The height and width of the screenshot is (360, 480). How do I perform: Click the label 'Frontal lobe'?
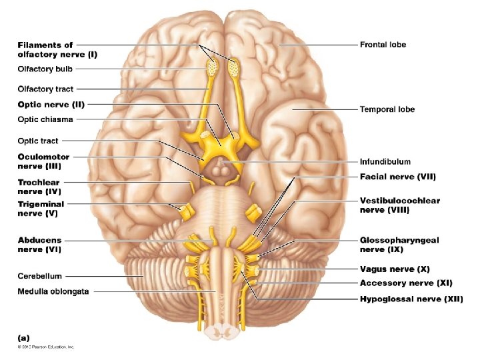pos(383,45)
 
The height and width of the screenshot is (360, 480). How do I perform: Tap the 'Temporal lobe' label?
pos(387,109)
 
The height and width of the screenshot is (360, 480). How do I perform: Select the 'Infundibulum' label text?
pos(385,161)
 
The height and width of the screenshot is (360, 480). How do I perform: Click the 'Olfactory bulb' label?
pos(45,68)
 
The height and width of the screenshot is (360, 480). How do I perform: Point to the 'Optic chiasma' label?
pos(45,120)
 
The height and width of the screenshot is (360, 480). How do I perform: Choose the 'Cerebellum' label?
pos(40,275)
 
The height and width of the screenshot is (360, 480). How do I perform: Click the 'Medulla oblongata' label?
pos(53,291)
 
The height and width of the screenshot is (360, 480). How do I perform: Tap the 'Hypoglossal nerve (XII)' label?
pos(411,299)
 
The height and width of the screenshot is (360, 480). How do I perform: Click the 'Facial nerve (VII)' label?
pos(398,177)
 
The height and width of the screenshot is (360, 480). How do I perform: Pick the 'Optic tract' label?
pos(38,141)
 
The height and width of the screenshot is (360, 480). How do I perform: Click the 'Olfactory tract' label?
pos(45,89)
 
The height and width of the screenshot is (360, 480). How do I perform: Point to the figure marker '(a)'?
pos(23,338)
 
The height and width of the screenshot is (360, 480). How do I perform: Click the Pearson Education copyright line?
pos(46,347)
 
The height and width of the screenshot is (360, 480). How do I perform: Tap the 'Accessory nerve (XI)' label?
pos(406,283)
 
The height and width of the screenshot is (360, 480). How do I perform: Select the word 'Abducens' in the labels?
pos(39,240)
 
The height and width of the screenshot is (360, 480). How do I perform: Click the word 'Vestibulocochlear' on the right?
pos(400,201)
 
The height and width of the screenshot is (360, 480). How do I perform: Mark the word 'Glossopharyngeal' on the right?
pos(399,240)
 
